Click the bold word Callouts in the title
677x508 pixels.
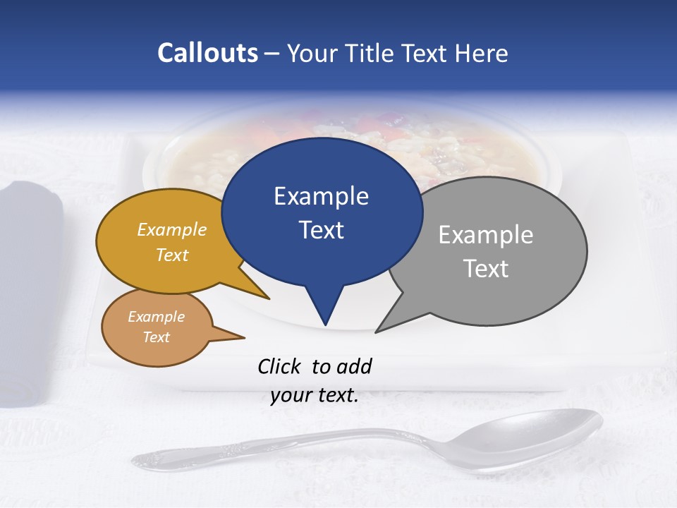207,53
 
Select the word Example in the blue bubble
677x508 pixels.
321,196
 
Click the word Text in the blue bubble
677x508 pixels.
321,230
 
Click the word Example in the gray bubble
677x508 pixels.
486,235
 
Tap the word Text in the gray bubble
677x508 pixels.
486,269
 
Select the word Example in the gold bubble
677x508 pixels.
172,230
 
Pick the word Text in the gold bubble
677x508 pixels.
172,255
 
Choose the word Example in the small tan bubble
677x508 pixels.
157,317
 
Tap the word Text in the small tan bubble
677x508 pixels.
157,337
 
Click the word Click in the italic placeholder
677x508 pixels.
281,366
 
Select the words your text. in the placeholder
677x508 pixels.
315,395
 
